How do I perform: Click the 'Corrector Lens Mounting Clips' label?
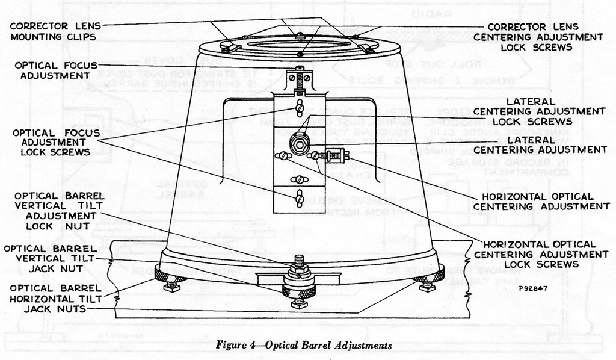[x=55, y=31]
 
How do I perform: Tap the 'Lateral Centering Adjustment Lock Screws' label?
[x=539, y=111]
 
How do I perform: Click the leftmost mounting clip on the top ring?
[x=227, y=45]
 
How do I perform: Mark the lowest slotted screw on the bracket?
[x=299, y=198]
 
